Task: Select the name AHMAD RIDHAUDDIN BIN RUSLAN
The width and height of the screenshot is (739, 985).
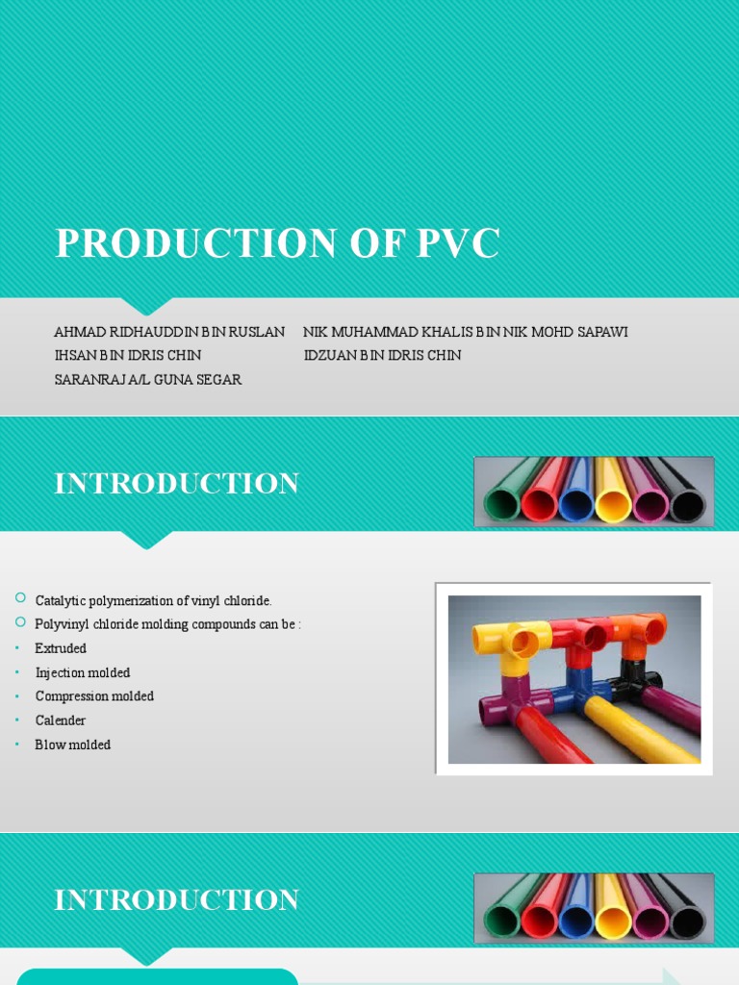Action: pos(169,332)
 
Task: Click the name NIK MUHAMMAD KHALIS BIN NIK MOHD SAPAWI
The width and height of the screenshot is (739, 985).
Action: pos(465,332)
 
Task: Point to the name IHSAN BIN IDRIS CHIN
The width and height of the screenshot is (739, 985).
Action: pos(128,355)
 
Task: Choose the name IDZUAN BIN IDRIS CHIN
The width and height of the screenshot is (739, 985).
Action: pos(382,355)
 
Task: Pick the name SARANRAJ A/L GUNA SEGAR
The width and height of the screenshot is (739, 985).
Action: pos(148,379)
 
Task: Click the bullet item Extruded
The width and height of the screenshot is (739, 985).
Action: pos(61,648)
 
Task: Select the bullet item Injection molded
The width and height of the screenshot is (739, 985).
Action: pos(83,672)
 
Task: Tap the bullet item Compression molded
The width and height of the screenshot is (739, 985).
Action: pos(94,695)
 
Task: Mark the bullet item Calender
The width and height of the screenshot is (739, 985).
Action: pos(61,720)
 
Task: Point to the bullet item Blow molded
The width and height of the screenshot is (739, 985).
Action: pos(73,744)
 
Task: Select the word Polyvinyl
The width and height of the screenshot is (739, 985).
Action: pos(62,623)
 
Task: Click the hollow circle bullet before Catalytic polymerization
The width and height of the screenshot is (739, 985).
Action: pos(20,598)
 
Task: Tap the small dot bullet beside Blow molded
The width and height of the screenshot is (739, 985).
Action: pos(19,745)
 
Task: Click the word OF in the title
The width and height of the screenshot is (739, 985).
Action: pos(375,243)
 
